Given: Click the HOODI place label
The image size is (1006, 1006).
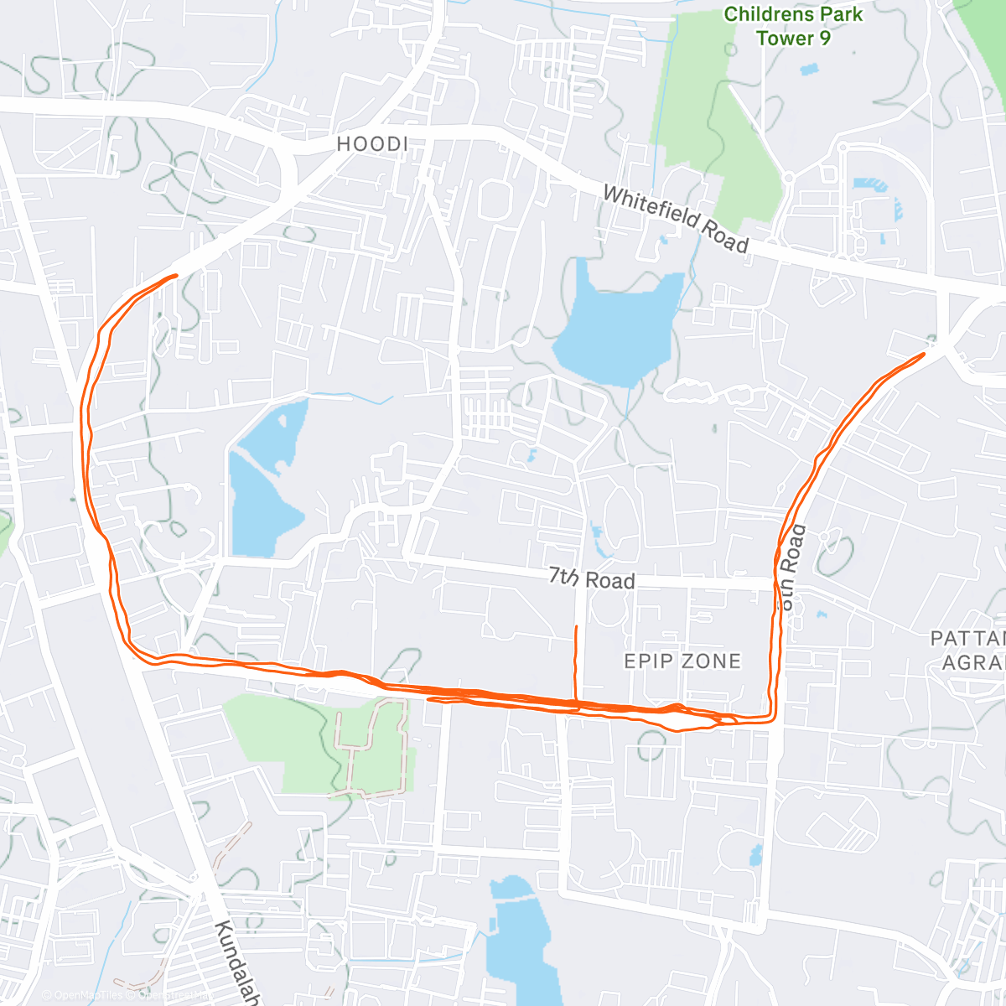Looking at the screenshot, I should click(372, 144).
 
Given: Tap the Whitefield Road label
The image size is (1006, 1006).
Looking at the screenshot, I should click(675, 219).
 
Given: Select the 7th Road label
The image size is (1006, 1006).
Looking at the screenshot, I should click(592, 578).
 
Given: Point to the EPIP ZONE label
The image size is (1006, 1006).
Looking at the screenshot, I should click(682, 661).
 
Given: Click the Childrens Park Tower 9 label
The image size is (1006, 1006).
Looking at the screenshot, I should click(793, 26).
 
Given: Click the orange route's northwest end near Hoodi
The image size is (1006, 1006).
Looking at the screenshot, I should click(175, 275).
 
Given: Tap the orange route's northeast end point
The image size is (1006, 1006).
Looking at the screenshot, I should click(923, 355).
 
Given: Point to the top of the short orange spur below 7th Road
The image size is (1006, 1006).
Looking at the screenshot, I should click(575, 627).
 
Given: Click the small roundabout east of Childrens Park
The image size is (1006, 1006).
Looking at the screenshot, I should click(787, 177).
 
